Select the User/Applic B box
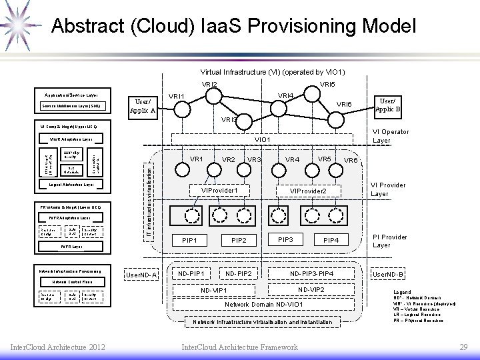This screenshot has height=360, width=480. click(x=387, y=103)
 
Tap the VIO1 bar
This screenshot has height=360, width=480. click(x=262, y=140)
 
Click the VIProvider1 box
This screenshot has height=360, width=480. click(x=220, y=191)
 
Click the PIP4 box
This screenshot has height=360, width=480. click(x=331, y=240)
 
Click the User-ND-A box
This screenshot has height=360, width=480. click(x=141, y=275)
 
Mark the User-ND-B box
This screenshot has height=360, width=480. click(x=388, y=274)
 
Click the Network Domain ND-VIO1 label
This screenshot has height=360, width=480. click(x=264, y=304)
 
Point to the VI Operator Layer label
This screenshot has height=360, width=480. click(x=390, y=136)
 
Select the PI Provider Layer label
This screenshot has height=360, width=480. click(x=390, y=241)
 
